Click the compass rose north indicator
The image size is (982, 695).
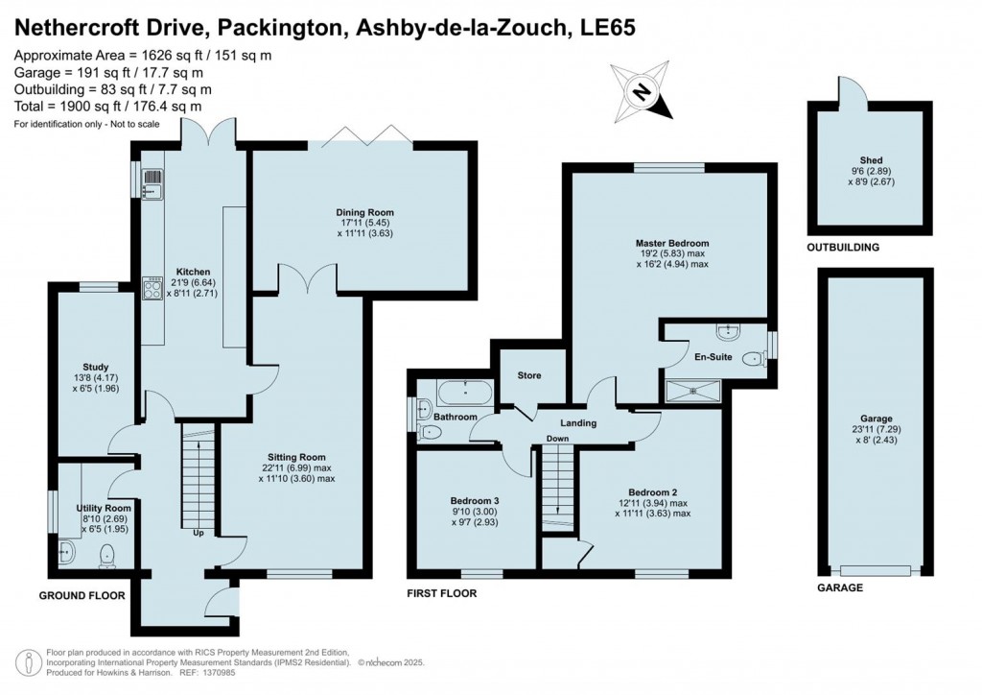coord(640,92)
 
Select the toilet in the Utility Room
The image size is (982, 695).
coord(107,554)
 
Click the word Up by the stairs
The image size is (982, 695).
coord(199,533)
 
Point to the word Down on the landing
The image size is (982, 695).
coord(558,439)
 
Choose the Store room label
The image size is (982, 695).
coord(529,375)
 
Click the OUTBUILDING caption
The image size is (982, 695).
coord(843,248)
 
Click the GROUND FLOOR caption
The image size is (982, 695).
coord(82,595)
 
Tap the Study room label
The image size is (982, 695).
coord(95,367)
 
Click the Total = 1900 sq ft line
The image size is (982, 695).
coord(107,106)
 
